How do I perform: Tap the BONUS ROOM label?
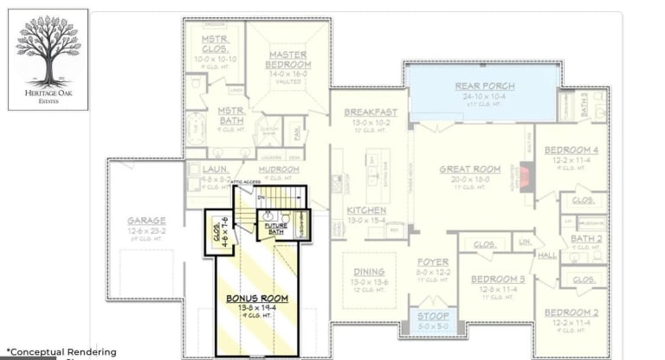[x=257, y=299]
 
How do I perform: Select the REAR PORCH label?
[x=485, y=87]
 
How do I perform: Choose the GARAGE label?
[x=145, y=221]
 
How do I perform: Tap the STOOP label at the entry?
[x=434, y=317]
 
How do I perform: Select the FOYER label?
[x=434, y=261]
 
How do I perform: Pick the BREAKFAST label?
[x=371, y=112]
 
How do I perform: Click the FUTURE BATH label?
[x=275, y=228]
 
